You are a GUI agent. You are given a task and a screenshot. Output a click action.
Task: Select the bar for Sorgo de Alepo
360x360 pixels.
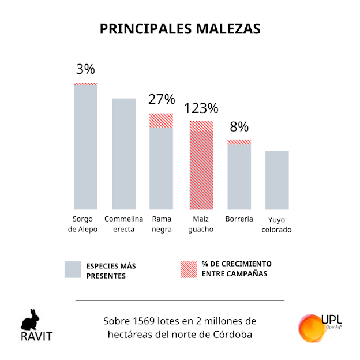point(85,147)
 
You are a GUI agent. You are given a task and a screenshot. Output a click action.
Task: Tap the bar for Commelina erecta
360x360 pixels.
point(123,153)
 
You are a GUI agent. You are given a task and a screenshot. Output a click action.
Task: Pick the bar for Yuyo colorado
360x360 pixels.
point(277,180)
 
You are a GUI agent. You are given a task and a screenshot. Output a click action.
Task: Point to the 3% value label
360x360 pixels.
point(85,69)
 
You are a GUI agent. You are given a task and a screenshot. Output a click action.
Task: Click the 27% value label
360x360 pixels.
point(162,99)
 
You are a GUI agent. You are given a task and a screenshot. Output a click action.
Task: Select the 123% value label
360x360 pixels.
point(201,108)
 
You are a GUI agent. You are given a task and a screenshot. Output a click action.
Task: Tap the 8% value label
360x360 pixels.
point(239,126)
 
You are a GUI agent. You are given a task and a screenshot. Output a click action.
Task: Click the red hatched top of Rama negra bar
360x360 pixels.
point(162,120)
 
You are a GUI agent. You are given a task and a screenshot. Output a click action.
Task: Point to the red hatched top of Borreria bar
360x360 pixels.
point(239,142)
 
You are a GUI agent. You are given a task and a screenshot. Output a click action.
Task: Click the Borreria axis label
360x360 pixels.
point(239,219)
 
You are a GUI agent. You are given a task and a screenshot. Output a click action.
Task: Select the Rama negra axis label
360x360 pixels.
point(162,224)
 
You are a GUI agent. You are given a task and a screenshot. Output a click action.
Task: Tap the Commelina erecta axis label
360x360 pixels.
point(123,224)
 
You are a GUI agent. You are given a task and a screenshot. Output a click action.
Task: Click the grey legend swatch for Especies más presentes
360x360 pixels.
point(73,270)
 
